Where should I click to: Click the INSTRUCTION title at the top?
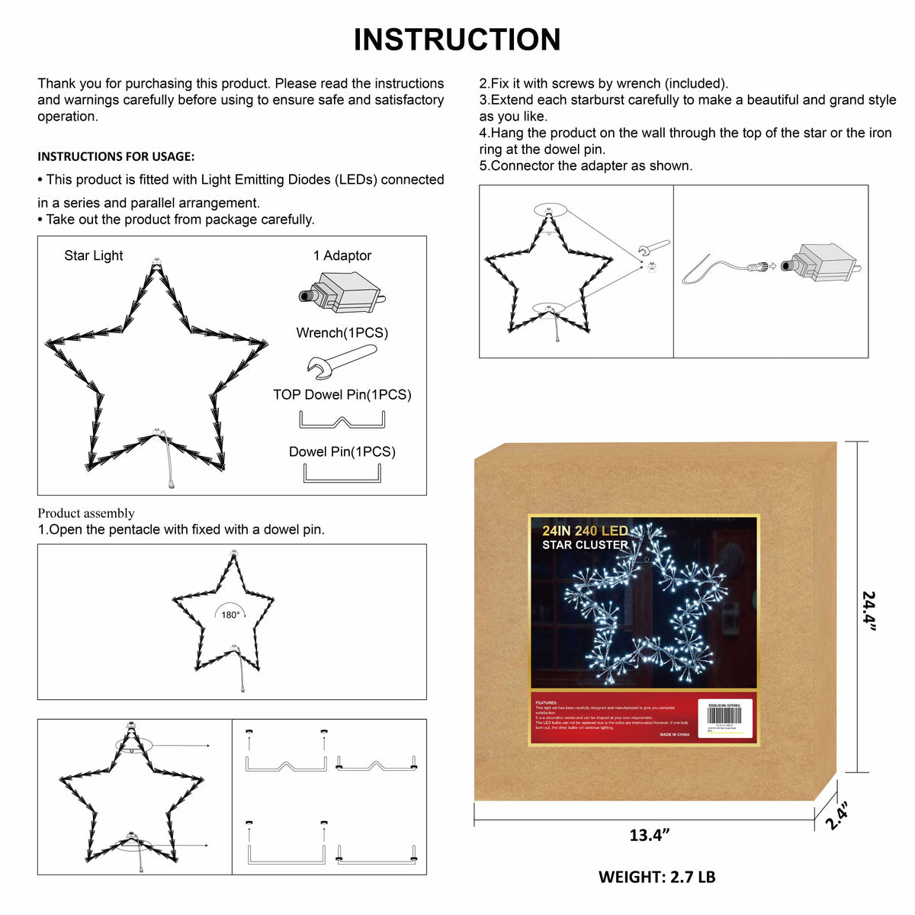pos(457,40)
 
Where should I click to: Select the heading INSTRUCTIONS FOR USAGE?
pos(116,156)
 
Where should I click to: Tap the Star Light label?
pos(93,255)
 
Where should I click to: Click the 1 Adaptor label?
pos(342,255)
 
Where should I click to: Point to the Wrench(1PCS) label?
pos(342,332)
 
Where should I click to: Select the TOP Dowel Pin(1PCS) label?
pos(342,394)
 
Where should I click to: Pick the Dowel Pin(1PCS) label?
pos(342,451)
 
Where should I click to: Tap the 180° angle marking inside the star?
pos(230,615)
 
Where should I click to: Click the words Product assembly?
pos(86,513)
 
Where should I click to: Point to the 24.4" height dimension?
pos(869,610)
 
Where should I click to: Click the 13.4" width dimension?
pos(649,835)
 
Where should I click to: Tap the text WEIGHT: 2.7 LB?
pos(657,877)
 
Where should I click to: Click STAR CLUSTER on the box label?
pos(585,545)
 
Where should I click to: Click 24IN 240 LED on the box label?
pos(585,531)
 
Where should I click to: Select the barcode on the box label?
pos(730,715)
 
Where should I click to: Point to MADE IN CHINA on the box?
pos(674,734)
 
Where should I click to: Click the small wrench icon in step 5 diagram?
pos(654,247)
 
